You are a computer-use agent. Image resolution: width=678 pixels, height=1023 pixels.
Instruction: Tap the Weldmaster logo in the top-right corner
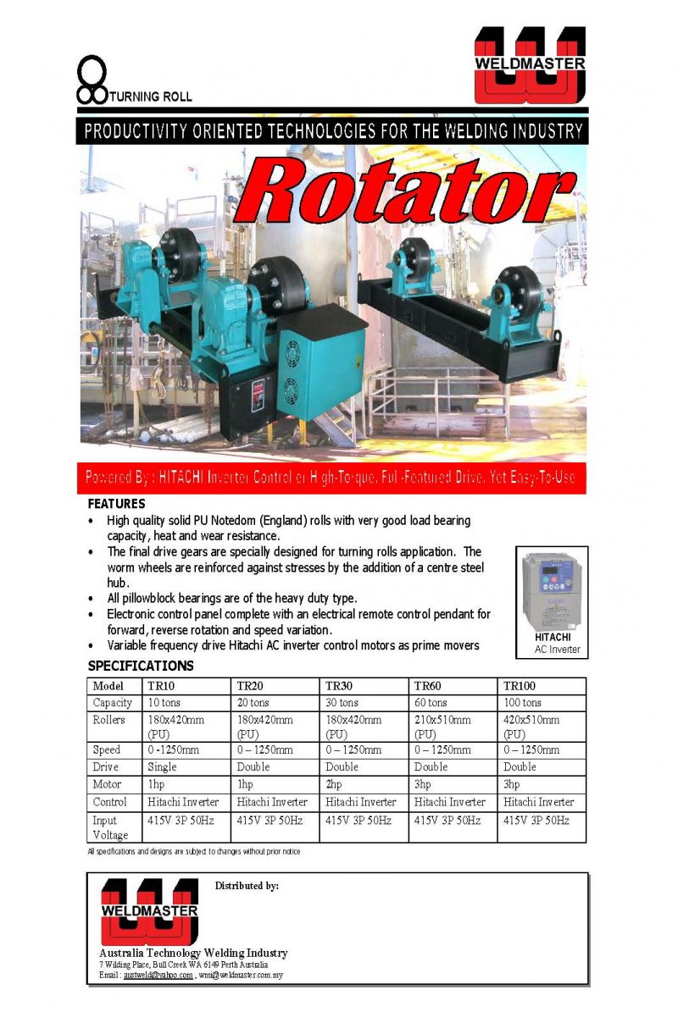click(x=529, y=65)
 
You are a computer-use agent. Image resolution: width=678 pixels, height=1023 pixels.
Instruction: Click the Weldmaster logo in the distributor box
click(x=150, y=911)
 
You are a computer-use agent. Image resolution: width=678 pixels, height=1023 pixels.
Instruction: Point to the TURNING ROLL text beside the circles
click(x=151, y=97)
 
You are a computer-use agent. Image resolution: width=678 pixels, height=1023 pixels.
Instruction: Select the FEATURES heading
click(x=117, y=504)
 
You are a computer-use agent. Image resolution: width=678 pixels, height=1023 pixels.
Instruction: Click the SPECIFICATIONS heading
click(x=141, y=666)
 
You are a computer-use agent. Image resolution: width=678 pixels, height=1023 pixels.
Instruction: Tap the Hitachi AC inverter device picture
click(x=551, y=589)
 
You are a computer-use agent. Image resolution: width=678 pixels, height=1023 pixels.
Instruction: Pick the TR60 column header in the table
click(x=428, y=686)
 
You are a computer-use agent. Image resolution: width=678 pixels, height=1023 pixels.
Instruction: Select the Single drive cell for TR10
click(x=163, y=767)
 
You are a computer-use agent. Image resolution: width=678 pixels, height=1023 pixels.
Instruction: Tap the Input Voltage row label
click(x=111, y=827)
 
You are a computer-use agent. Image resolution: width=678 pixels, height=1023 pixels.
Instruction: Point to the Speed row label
click(x=107, y=750)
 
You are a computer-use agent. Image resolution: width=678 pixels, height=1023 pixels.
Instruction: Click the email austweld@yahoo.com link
click(x=158, y=976)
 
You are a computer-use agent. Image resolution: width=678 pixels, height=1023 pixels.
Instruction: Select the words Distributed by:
click(x=247, y=886)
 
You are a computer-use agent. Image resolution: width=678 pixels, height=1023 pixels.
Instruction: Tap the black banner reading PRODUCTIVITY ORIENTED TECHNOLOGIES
click(x=332, y=132)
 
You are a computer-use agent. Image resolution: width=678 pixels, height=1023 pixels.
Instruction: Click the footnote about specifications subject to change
click(x=194, y=851)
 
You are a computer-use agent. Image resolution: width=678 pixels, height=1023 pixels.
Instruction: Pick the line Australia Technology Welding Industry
click(x=193, y=953)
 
